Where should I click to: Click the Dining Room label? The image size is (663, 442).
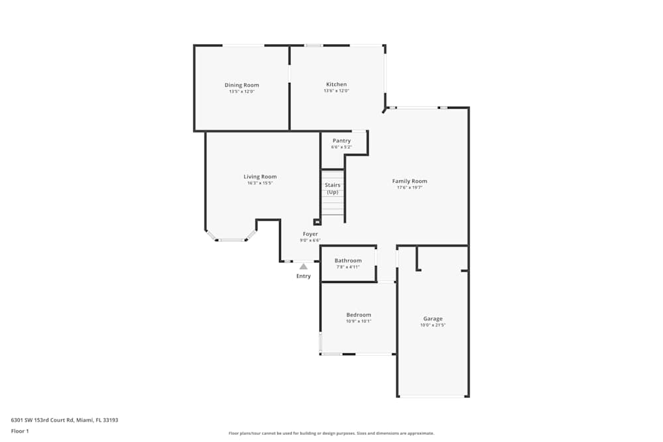coord(241,85)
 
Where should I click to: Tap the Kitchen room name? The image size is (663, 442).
coord(336,84)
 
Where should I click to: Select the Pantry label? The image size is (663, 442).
coord(341,140)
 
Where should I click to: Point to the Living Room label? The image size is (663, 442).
coord(260,176)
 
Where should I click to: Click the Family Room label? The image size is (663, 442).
coord(409,181)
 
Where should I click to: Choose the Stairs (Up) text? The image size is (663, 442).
coord(333,188)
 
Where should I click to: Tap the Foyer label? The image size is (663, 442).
coord(310,234)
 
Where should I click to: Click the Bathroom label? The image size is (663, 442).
coord(347,260)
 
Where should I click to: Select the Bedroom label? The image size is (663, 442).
coord(359,315)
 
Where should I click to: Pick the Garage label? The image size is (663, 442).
coord(433,319)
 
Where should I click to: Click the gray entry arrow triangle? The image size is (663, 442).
coord(304,266)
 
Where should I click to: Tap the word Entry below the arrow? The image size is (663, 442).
coord(303,276)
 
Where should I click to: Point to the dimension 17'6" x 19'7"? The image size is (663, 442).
coord(409,188)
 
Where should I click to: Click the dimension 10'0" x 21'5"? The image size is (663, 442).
coord(433,325)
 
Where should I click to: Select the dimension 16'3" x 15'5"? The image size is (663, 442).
coord(260,183)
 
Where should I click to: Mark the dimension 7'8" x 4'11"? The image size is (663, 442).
coord(347,267)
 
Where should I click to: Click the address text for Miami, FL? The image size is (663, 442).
coord(64,419)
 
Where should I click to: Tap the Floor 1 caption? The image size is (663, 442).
coord(20,431)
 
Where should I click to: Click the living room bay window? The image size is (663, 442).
coord(231,239)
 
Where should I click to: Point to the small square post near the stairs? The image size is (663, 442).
coord(317,222)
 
